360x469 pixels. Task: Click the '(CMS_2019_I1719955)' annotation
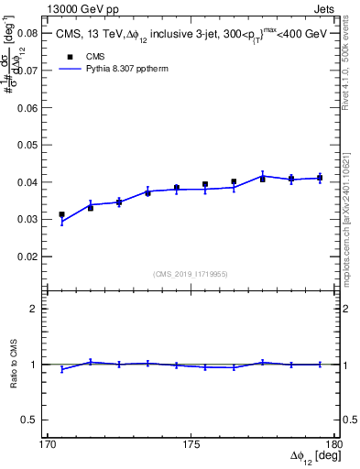click(x=191, y=273)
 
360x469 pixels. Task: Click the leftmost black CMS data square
click(x=61, y=214)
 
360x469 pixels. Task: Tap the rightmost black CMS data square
click(x=320, y=178)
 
